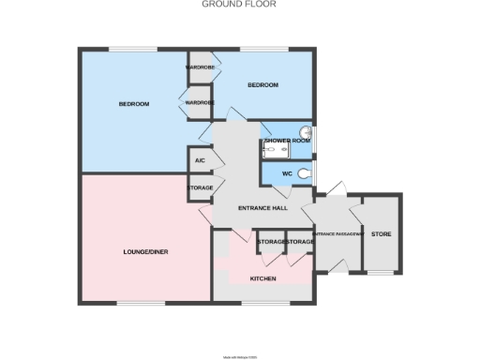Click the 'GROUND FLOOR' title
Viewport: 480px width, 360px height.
(240, 5)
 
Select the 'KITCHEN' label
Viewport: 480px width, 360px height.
(262, 279)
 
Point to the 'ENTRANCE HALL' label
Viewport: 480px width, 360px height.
(262, 208)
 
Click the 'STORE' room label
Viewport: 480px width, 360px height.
(382, 233)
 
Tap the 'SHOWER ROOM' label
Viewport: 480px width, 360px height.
(287, 141)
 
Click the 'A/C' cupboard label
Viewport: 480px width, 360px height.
(200, 161)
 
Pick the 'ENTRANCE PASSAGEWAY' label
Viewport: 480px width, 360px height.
(337, 233)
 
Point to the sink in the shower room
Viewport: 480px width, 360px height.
(307, 133)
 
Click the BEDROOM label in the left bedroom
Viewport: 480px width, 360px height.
(134, 104)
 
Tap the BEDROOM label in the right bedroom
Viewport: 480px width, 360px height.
(262, 85)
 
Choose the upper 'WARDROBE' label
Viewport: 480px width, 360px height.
(200, 67)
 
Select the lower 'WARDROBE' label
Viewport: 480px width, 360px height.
(200, 102)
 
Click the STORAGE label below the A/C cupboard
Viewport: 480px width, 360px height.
(200, 188)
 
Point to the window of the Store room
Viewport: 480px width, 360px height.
(380, 273)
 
